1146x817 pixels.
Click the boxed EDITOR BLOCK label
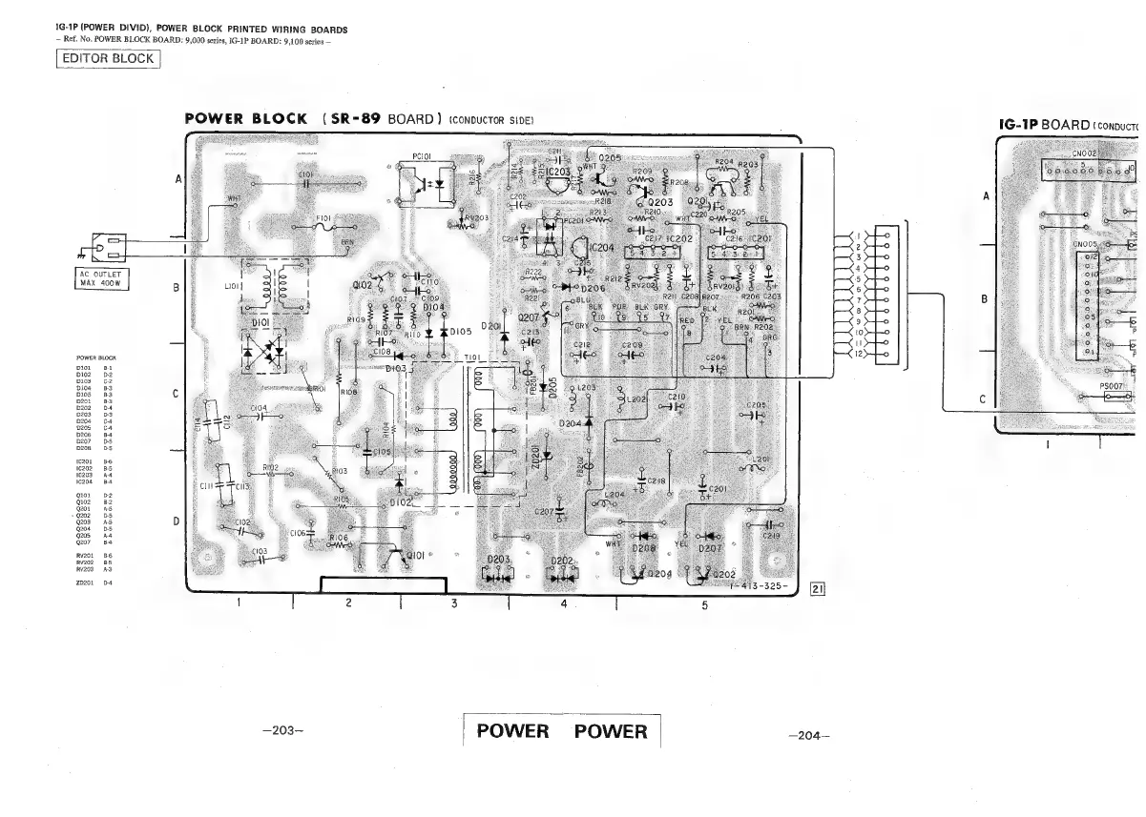(x=107, y=59)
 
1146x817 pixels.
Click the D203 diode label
(x=502, y=560)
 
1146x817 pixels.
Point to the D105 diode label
(x=462, y=332)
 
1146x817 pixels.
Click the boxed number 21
(x=817, y=588)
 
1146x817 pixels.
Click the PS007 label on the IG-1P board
(x=1114, y=387)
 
